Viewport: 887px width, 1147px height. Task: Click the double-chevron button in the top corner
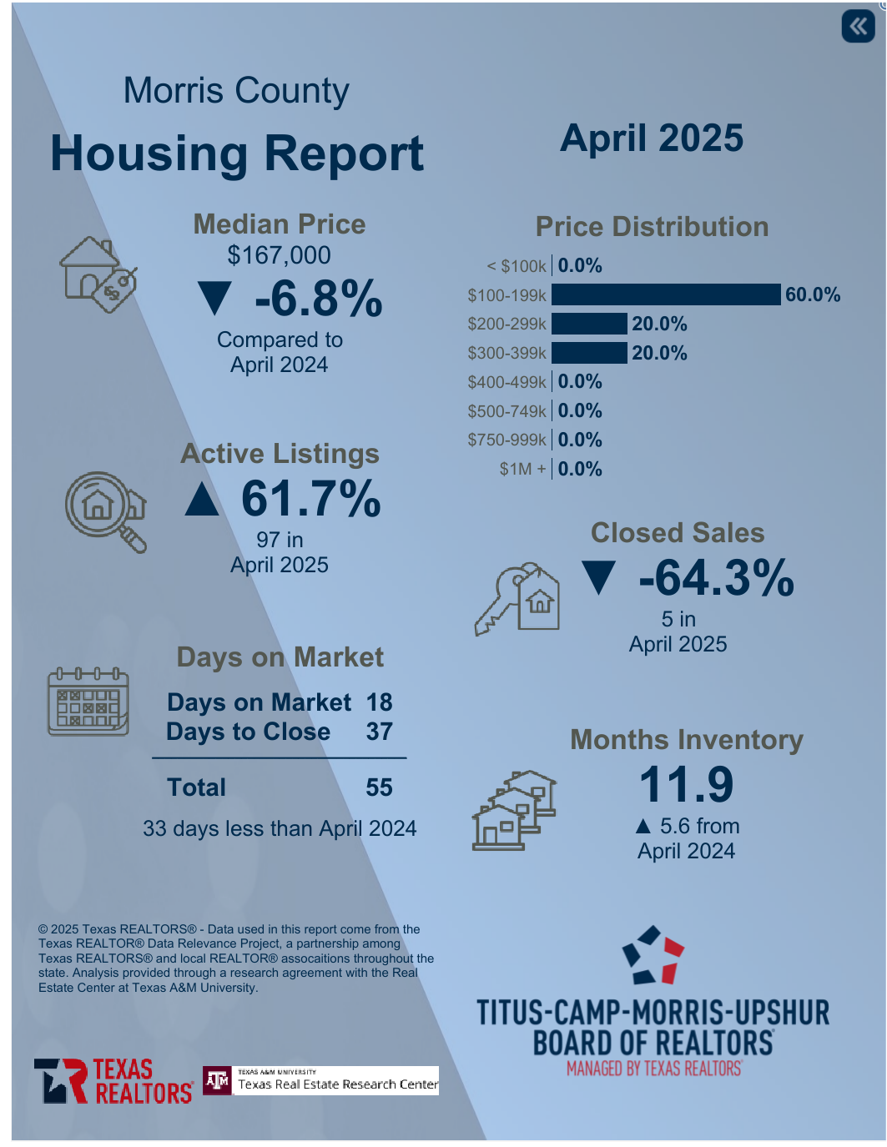point(858,27)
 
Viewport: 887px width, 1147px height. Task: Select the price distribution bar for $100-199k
point(666,294)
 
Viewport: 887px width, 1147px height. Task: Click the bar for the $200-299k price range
point(589,324)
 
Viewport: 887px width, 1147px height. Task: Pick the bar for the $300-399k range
point(589,353)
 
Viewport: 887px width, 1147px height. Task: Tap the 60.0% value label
point(812,294)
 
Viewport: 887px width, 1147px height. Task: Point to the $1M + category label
point(522,469)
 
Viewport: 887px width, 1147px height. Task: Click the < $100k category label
point(517,266)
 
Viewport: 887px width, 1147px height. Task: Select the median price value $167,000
point(279,255)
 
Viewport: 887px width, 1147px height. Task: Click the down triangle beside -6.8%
point(215,299)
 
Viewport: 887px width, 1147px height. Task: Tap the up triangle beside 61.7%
point(202,500)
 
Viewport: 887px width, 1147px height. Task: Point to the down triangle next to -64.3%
point(599,578)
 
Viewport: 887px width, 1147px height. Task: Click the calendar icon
point(88,702)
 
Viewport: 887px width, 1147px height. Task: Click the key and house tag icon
point(517,598)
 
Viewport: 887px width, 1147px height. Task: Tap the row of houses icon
point(514,809)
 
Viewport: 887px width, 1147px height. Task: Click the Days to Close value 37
point(379,732)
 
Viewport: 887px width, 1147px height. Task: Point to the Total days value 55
point(379,787)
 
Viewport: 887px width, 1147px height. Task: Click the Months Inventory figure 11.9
point(686,784)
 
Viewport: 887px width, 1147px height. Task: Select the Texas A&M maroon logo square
point(217,1081)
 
